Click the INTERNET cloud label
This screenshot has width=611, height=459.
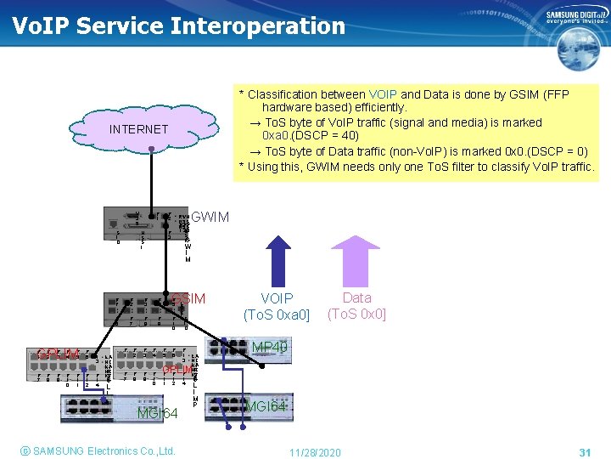pos(138,129)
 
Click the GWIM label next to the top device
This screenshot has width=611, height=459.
pos(210,217)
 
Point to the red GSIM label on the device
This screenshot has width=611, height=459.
pos(188,299)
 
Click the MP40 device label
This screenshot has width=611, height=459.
pos(270,347)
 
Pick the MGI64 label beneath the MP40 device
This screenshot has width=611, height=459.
pos(266,406)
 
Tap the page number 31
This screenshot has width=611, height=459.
pos(584,452)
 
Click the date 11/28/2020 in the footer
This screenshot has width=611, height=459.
pos(314,452)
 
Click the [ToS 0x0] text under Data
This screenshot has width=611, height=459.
pos(356,314)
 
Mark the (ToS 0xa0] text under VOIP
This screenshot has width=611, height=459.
pos(277,315)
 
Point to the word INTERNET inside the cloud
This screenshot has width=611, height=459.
pos(138,129)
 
